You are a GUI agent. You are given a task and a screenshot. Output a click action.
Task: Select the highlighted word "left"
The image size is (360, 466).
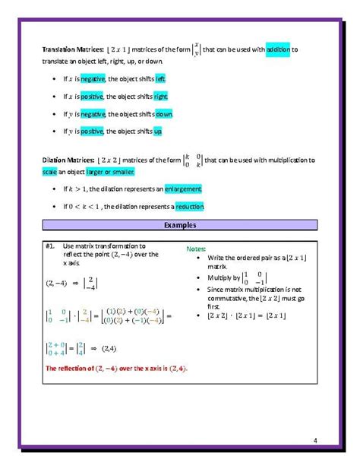[160, 78]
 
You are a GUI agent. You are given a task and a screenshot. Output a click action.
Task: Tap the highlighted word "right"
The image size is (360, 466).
[161, 97]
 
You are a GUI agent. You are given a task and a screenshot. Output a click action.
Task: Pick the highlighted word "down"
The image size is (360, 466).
[164, 114]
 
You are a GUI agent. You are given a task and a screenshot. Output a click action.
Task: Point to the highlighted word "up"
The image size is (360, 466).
[158, 132]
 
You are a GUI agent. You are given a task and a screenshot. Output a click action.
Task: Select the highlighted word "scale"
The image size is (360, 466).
[49, 172]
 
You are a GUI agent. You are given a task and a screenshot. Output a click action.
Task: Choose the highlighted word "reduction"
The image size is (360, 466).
[188, 206]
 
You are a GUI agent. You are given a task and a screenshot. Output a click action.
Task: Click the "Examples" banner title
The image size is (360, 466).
[179, 227]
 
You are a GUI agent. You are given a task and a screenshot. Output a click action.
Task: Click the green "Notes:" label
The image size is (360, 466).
[195, 249]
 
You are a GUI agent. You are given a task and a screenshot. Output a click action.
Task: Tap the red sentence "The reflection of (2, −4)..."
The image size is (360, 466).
[116, 369]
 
